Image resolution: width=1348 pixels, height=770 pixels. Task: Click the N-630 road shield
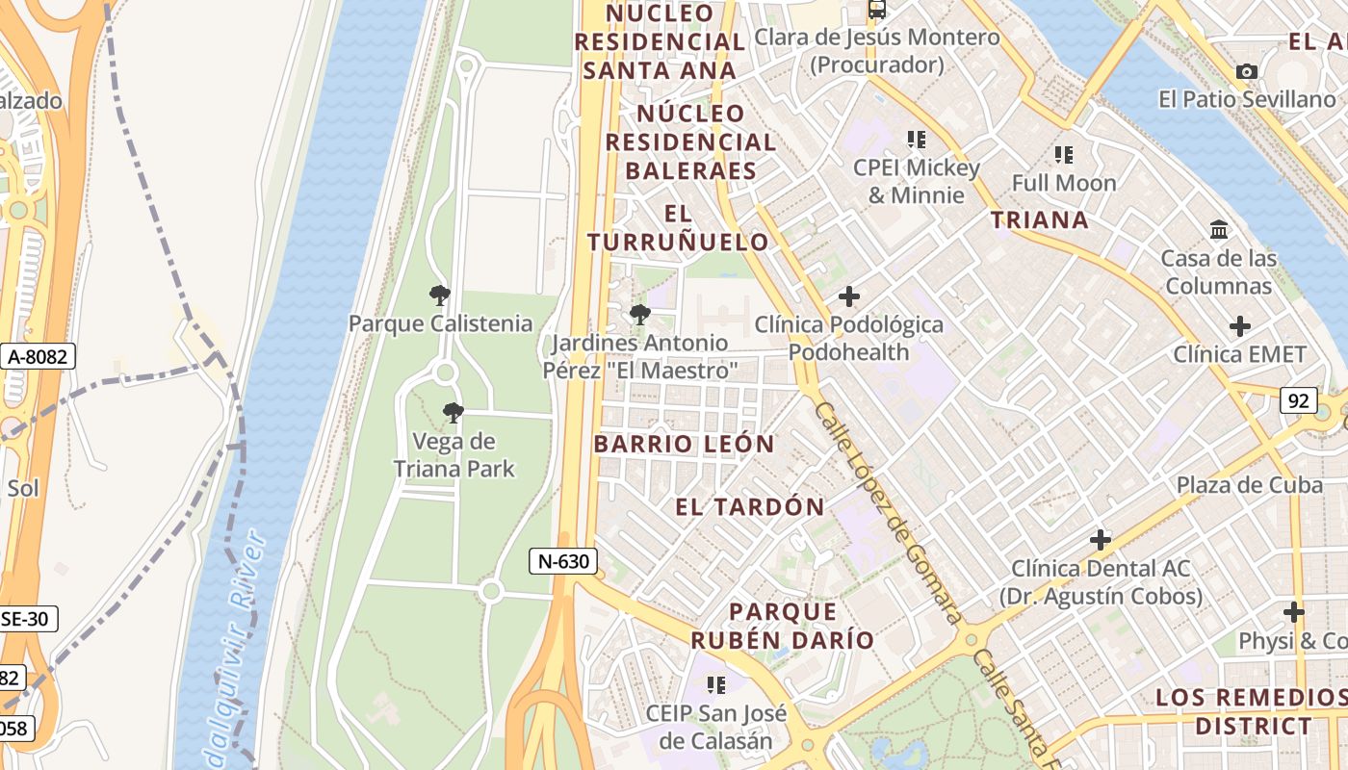(563, 561)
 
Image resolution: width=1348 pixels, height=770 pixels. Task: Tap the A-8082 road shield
(38, 357)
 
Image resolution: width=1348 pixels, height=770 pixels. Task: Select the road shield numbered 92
(1298, 400)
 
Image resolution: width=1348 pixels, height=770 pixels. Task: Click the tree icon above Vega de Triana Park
(453, 414)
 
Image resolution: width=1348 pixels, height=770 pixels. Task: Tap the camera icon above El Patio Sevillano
(1247, 71)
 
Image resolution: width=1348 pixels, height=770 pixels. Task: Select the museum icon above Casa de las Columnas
(1219, 230)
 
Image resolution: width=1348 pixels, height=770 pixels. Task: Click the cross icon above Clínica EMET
(1240, 326)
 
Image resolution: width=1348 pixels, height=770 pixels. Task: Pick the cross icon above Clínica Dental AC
(1100, 540)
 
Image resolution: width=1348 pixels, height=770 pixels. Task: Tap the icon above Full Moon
(1064, 155)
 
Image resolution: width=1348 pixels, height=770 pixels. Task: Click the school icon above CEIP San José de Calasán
(715, 685)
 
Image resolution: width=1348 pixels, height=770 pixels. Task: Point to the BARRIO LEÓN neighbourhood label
(684, 444)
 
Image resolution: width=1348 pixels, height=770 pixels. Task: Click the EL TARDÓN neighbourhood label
(750, 507)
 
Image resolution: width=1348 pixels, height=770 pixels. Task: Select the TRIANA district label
(1040, 219)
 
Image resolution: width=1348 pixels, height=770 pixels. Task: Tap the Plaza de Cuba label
(1249, 485)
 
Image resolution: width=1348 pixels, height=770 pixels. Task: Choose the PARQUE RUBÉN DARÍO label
(782, 626)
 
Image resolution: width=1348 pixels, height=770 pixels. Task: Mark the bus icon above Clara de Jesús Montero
(876, 10)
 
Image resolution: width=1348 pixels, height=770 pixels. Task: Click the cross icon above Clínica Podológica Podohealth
(848, 296)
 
